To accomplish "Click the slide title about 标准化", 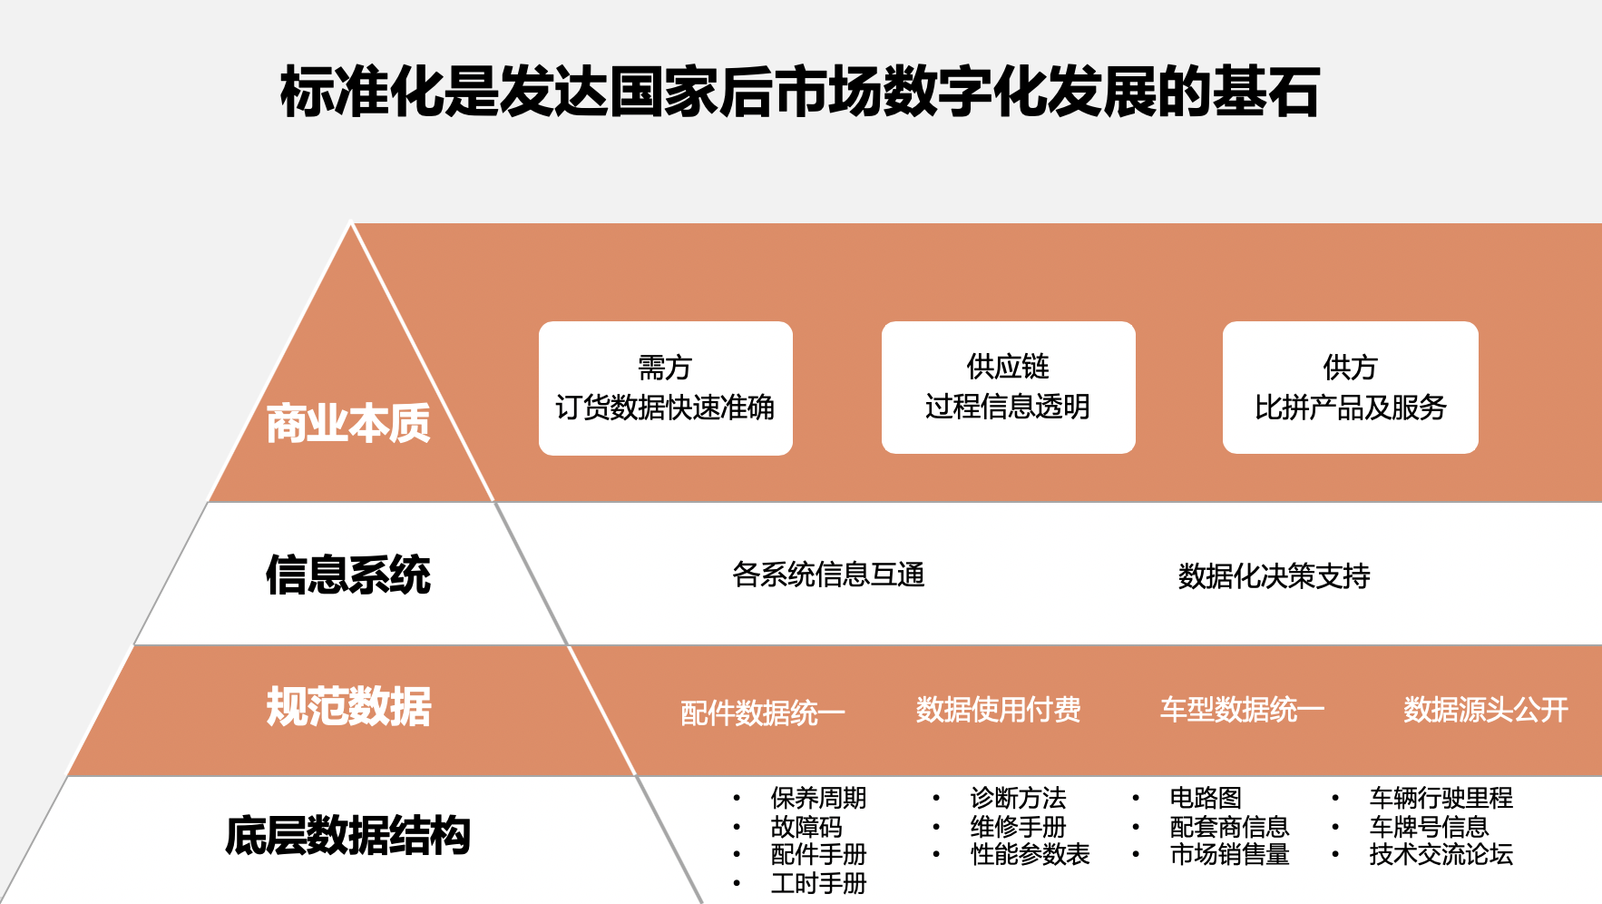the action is coord(800,92).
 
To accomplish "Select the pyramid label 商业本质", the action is coord(348,423).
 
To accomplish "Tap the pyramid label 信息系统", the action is coord(348,575).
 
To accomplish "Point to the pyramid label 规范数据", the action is coord(348,706).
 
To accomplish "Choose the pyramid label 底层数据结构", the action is coord(348,836).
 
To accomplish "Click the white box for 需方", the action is coord(666,388).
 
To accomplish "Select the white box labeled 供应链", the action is coord(1008,387).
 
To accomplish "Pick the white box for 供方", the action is coord(1351,387).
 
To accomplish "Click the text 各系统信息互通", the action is coord(828,575).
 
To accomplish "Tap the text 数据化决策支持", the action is coord(1274,575).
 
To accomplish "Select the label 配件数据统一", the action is coord(763,712).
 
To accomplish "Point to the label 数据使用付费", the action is coord(998,709).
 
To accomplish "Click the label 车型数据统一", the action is coord(1242,709).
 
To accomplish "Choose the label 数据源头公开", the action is coord(1486,709).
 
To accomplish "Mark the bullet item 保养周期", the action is coord(818,798).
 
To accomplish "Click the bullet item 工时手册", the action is coord(818,883).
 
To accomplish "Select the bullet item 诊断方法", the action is coord(1018,798).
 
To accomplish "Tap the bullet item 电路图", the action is coord(1206,798).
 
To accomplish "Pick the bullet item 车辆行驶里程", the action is coord(1441,798).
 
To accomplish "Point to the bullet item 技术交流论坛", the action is coord(1441,854).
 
